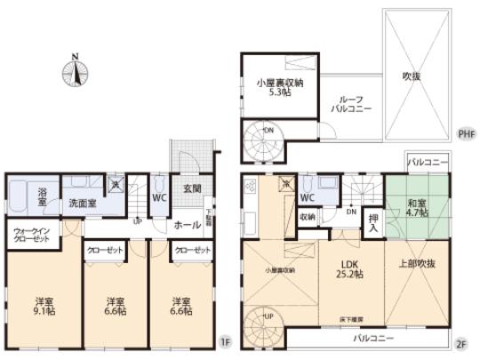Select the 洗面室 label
pyautogui.click(x=85, y=204)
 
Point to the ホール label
pyautogui.click(x=188, y=225)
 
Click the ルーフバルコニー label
pyautogui.click(x=348, y=103)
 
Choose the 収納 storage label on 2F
pyautogui.click(x=308, y=215)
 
